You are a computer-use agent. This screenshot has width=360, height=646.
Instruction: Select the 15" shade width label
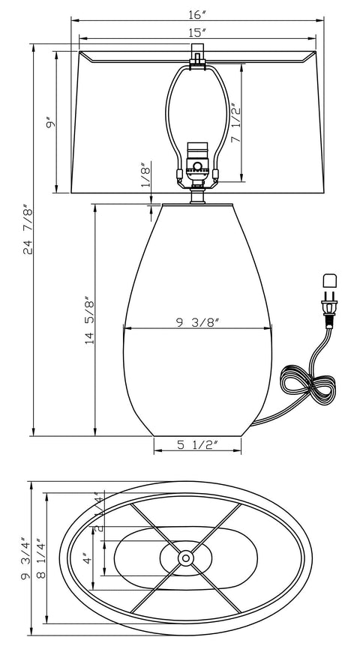tap(197, 31)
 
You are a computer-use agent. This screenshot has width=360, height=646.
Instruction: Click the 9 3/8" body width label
tap(196, 322)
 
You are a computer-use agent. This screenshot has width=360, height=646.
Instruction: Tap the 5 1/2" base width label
tap(197, 445)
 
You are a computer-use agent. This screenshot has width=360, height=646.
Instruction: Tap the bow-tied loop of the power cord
tap(306, 384)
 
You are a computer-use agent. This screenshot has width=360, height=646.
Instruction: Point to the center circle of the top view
tap(185, 558)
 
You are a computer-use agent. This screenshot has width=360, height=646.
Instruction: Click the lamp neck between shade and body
tap(197, 196)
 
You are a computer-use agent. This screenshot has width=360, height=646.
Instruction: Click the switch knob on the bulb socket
tap(197, 166)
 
